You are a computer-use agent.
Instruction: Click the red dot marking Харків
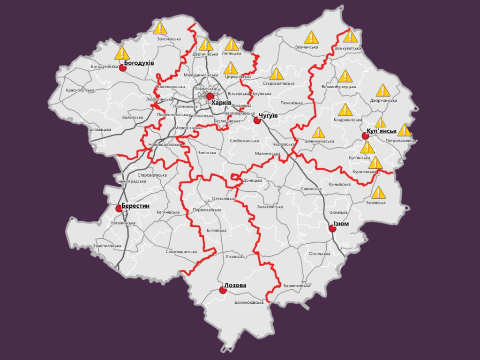tap(210, 96)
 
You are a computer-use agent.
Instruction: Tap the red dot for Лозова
tap(223, 290)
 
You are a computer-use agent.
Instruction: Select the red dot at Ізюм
tap(332, 229)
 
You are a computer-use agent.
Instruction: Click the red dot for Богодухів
tap(123, 67)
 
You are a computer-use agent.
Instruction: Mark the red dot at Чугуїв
tap(257, 120)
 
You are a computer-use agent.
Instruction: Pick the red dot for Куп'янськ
tap(365, 136)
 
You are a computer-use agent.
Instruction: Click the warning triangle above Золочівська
tap(160, 28)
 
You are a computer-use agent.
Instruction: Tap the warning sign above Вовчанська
tap(311, 37)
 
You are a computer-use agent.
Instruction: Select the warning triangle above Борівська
tap(378, 192)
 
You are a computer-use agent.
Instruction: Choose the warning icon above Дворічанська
tap(383, 90)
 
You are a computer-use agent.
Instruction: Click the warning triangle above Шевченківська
tap(318, 133)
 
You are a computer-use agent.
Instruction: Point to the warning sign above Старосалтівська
tap(276, 74)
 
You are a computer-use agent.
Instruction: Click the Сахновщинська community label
tap(181, 252)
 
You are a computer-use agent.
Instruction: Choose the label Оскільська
tap(320, 254)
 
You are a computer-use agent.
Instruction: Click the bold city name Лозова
tap(235, 285)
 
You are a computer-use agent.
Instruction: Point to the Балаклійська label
tap(270, 207)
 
